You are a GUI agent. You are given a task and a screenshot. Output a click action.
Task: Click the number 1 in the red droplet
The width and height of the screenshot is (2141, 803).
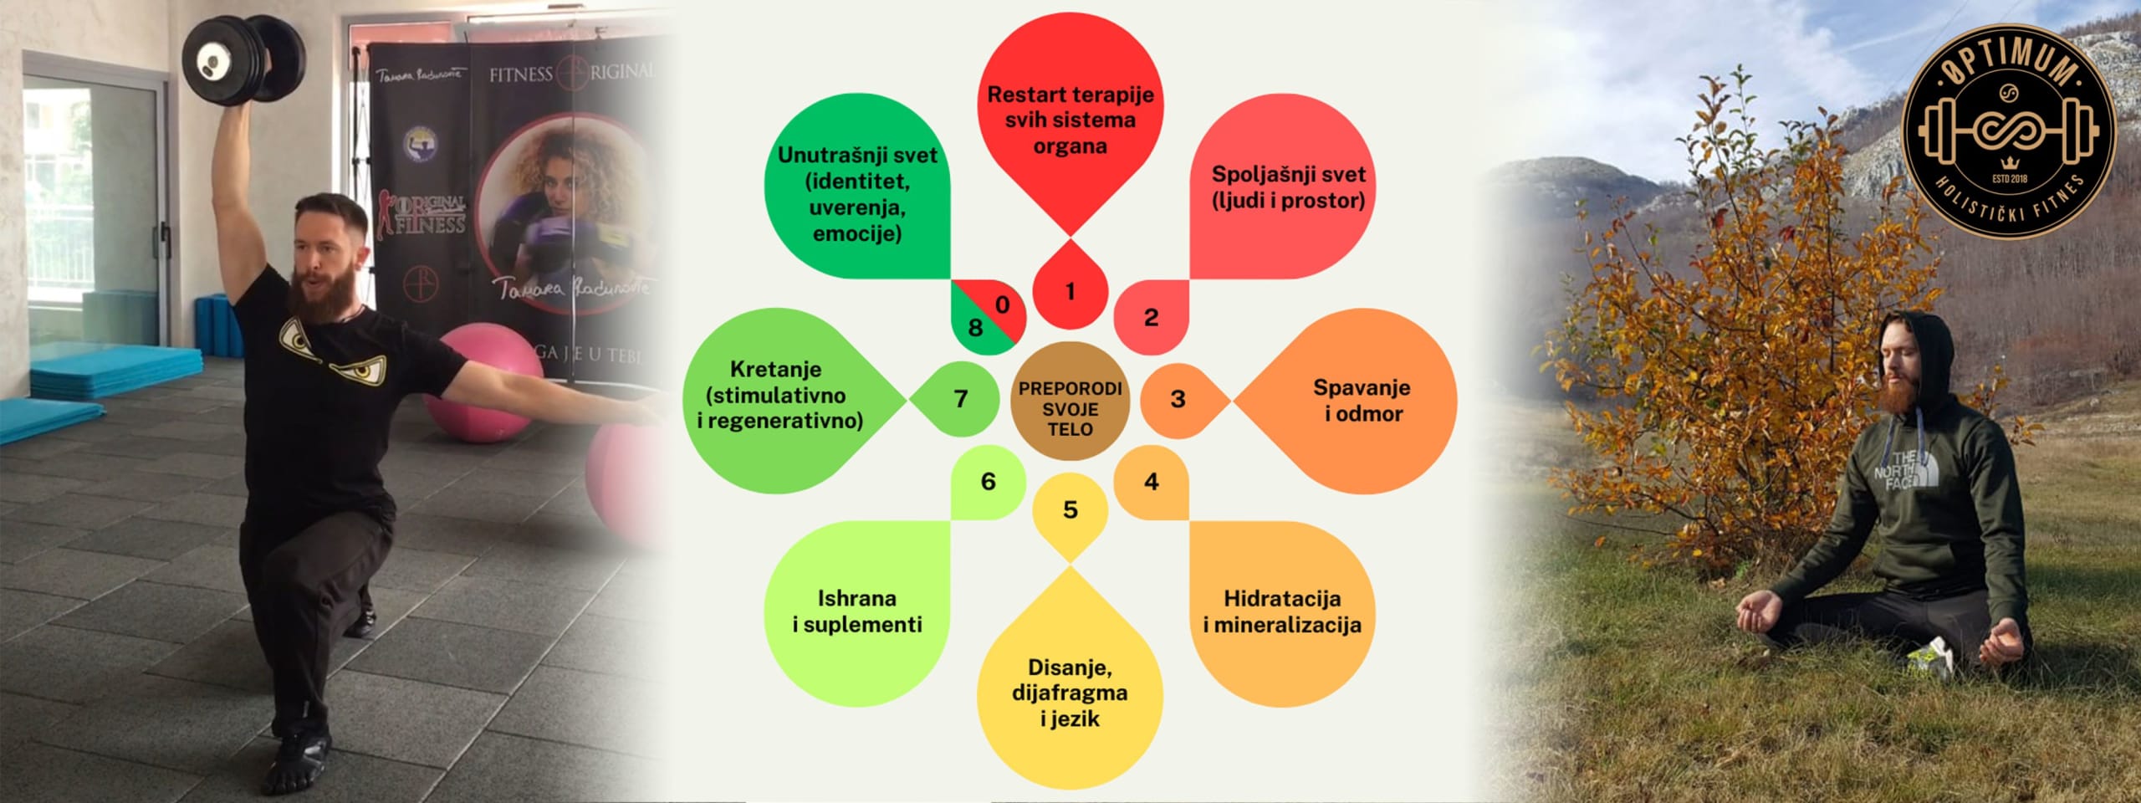tap(1070, 292)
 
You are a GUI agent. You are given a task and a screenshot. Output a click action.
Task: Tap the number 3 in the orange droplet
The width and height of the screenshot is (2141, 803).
tap(1178, 399)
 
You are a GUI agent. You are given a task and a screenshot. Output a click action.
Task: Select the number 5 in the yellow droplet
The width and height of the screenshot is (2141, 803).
tap(1070, 509)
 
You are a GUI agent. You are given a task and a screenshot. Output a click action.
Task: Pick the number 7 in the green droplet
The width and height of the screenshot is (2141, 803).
tap(961, 399)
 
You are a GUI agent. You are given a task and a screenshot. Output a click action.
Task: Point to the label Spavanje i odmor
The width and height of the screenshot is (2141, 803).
tap(1362, 400)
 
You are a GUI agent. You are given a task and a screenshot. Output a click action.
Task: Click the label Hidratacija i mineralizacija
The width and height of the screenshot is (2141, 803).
tap(1281, 611)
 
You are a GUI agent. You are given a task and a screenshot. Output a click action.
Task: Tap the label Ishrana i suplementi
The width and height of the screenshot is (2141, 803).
tap(857, 611)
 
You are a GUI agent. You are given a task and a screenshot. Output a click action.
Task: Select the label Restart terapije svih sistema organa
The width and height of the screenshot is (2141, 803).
tap(1070, 120)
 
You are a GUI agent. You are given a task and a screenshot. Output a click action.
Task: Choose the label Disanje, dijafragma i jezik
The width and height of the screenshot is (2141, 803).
tap(1070, 693)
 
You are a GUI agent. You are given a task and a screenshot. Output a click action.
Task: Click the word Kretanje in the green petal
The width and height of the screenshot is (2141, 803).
tap(775, 369)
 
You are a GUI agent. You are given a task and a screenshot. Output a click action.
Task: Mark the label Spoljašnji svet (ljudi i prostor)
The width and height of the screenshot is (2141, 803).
tap(1288, 187)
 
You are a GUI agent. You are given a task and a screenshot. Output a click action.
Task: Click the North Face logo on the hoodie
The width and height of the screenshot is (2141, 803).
tap(1900, 470)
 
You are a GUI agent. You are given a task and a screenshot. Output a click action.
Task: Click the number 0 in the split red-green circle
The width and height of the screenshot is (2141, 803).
tap(1002, 305)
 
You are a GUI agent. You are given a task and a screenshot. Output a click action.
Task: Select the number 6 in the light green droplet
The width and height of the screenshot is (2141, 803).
tap(988, 481)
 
